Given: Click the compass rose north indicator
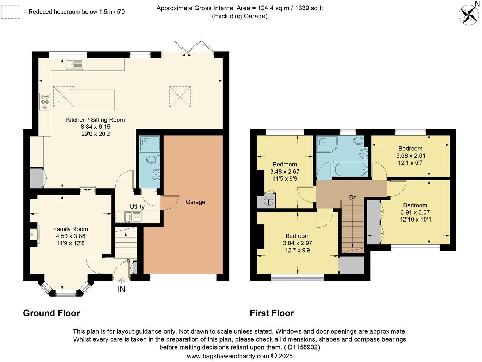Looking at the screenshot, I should click(x=469, y=15).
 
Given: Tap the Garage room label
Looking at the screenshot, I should click(x=195, y=202).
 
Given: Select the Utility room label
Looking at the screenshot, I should click(x=137, y=207).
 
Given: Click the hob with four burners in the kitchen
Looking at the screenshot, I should click(x=45, y=100).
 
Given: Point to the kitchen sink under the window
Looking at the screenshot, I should click(x=74, y=65).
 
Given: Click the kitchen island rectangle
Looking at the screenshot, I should click(x=92, y=100).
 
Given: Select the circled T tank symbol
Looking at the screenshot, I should click(x=268, y=201).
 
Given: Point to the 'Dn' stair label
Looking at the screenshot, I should click(x=353, y=197).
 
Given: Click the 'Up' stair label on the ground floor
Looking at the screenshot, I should click(x=126, y=261).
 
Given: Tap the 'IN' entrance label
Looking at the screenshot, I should click(x=121, y=289).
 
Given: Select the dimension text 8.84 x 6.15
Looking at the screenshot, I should click(x=95, y=127).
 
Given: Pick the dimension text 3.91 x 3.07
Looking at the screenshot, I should click(x=415, y=212).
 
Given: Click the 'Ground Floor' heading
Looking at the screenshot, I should click(x=51, y=313).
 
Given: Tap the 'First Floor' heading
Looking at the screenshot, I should click(x=272, y=313).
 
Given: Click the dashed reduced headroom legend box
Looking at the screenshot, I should click(x=11, y=12).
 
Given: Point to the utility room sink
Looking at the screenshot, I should click(x=128, y=217).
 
